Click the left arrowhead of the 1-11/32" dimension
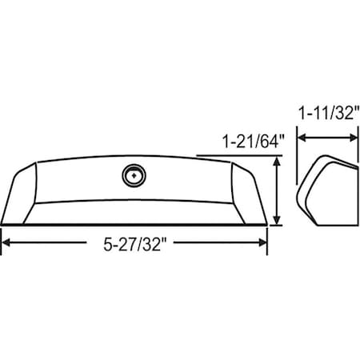pyautogui.click(x=302, y=137)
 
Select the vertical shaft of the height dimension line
pyautogui.click(x=277, y=192)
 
